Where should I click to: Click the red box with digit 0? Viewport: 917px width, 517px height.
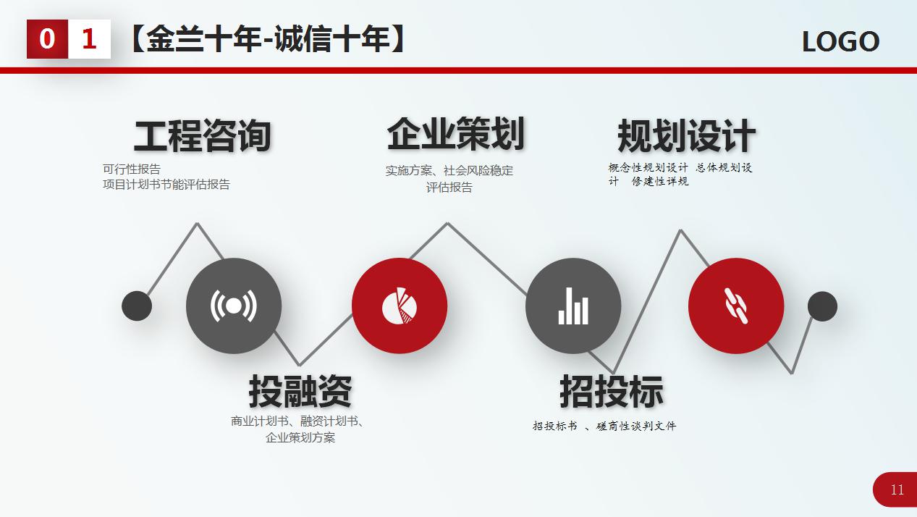coord(47,39)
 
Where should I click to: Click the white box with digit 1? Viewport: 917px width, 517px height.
coord(89,39)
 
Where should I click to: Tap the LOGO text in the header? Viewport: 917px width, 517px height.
coord(840,41)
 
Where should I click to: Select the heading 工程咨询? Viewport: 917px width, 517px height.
coord(203,135)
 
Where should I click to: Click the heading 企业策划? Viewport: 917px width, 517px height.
coord(456,133)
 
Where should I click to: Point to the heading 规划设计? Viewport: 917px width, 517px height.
coord(686,135)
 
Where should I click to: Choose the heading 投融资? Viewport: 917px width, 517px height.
coord(300,391)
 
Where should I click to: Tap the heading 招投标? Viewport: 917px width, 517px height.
coord(612,391)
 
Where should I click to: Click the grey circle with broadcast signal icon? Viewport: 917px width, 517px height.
coord(234,306)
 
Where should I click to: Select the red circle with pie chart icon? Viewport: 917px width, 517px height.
coord(400,306)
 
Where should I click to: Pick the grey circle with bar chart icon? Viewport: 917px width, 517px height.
coord(573,306)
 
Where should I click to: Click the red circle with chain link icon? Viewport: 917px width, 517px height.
coord(736,306)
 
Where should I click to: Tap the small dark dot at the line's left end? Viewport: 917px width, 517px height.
coord(137,306)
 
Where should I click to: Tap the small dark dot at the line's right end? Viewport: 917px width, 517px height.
coord(822,306)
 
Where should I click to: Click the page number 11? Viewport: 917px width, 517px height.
coord(897,489)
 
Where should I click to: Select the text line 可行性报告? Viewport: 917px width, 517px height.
coord(132,169)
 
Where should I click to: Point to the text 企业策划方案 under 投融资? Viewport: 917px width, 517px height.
coord(300,437)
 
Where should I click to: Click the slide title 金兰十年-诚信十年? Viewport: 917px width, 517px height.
coord(269,39)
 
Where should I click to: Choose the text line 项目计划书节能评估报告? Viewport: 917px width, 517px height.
coord(166,185)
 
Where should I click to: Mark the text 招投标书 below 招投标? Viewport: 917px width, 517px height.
coord(555,426)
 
